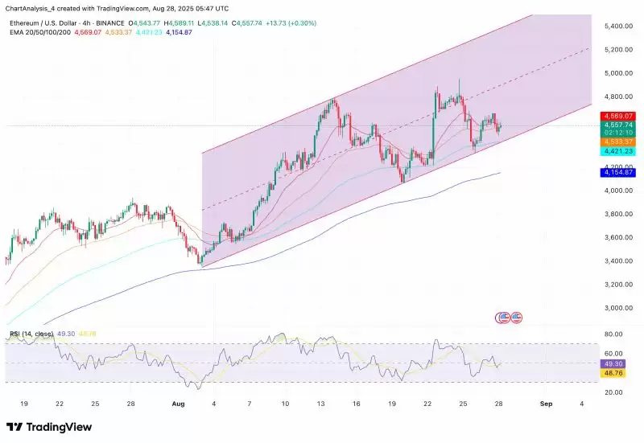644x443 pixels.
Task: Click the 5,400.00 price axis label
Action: (618, 27)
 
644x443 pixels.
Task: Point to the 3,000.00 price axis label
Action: (618, 308)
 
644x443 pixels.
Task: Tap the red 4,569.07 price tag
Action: (618, 116)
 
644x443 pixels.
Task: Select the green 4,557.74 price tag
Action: (618, 125)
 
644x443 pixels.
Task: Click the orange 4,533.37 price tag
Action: (618, 142)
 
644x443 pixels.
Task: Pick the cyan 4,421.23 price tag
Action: (618, 151)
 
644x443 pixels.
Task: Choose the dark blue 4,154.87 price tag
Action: (618, 172)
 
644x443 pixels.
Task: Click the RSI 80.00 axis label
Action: (614, 334)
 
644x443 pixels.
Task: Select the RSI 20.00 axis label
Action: (614, 392)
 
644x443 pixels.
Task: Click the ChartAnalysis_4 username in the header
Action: (30, 7)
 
